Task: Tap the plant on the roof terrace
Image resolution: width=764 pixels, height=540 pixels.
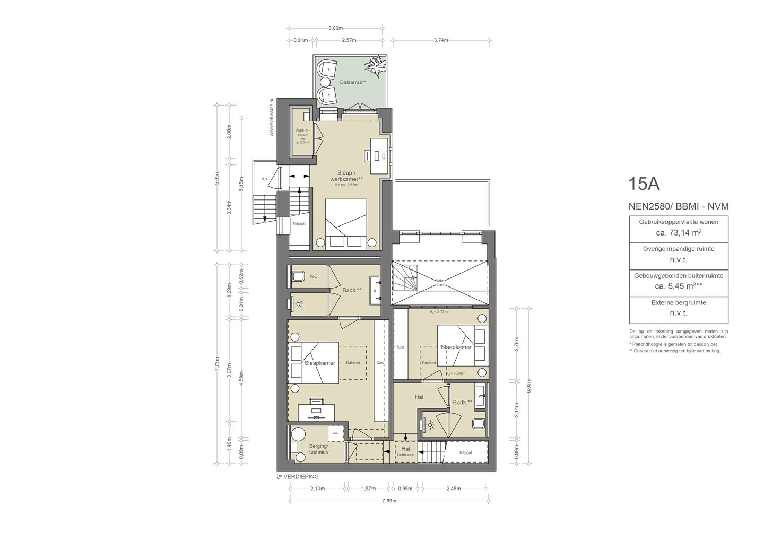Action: [x=376, y=66]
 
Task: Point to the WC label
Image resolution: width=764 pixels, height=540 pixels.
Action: [x=313, y=276]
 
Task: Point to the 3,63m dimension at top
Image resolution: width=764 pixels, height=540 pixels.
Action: [x=335, y=28]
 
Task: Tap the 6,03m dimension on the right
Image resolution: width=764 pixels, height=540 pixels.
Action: [x=528, y=387]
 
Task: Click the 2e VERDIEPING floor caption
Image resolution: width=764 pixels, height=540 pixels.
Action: [x=298, y=476]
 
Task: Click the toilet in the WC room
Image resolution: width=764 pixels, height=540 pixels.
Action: [x=298, y=276]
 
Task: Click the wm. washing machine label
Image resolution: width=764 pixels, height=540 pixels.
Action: [x=335, y=433]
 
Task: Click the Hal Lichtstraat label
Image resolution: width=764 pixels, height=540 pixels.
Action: [x=406, y=451]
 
